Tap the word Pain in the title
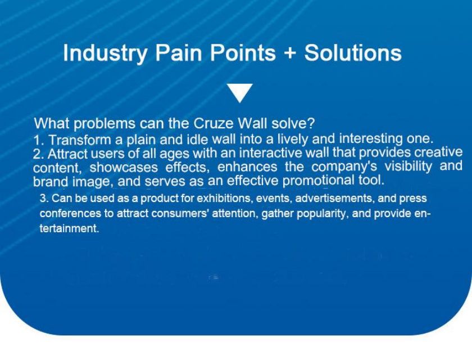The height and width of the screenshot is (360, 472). pyautogui.click(x=178, y=53)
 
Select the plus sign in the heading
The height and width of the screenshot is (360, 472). pyautogui.click(x=290, y=53)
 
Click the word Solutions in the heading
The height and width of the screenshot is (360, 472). pyautogui.click(x=353, y=53)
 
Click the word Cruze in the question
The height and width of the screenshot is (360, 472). pyautogui.click(x=213, y=123)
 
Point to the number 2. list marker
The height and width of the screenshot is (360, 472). pyautogui.click(x=39, y=154)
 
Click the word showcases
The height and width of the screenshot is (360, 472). pyautogui.click(x=124, y=168)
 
